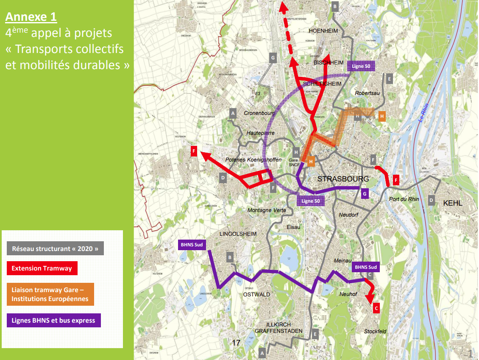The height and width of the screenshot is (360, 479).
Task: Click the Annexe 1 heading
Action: click(31, 17)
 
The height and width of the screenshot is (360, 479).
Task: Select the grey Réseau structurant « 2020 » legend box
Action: click(55, 248)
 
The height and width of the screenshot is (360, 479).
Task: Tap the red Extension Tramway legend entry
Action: click(42, 268)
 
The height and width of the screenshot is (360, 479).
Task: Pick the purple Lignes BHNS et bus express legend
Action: click(53, 320)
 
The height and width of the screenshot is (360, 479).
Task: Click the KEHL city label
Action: click(452, 203)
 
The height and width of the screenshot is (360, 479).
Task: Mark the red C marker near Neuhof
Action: click(376, 309)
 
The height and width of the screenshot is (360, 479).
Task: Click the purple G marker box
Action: click(365, 194)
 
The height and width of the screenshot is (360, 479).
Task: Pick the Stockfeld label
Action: click(375, 331)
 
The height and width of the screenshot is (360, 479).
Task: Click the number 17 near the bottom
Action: click(237, 342)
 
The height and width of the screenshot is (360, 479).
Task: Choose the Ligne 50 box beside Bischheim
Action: click(361, 66)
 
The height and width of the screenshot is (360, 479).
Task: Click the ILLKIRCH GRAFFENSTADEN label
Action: click(278, 328)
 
